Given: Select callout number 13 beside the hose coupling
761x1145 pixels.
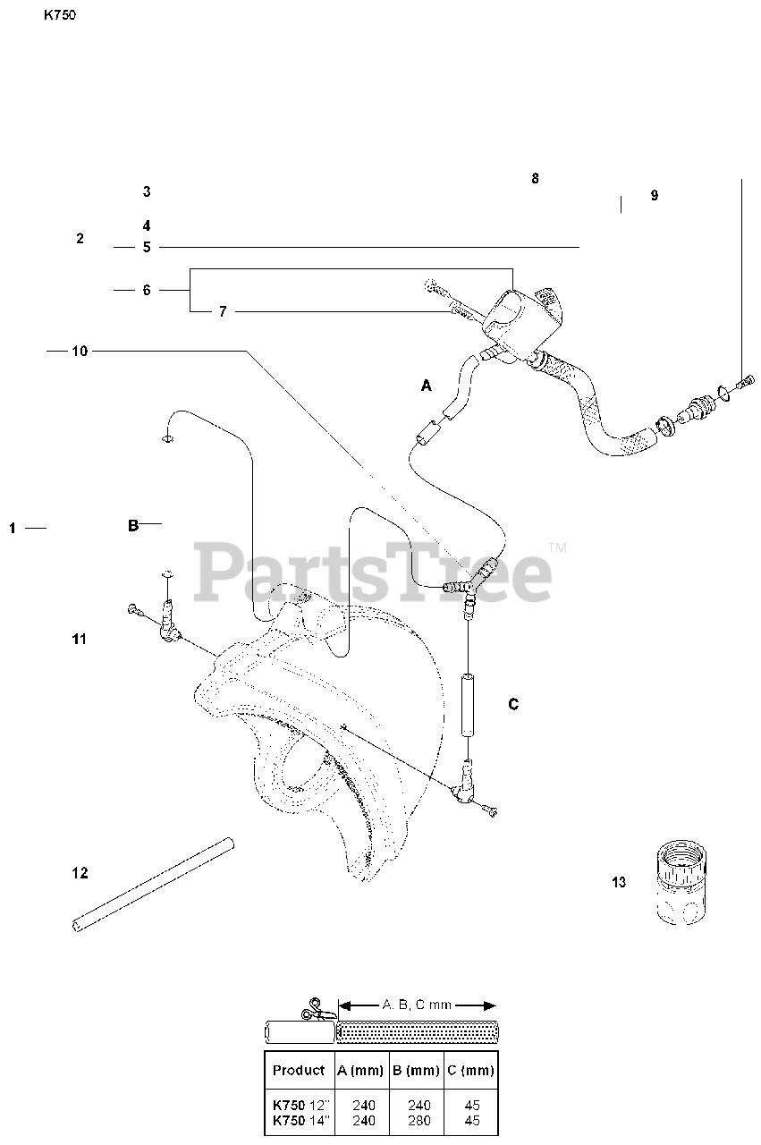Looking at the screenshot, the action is [619, 883].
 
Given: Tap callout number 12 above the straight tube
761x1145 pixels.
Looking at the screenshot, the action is [80, 873].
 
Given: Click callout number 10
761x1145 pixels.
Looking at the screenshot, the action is [80, 352].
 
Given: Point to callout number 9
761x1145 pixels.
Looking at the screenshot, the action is [655, 196].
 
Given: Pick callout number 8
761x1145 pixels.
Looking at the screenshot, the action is [535, 178].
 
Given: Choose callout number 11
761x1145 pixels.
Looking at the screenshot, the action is [80, 639].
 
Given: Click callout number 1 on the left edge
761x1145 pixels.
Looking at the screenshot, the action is [13, 529].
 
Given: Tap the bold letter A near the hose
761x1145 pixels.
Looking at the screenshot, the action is [427, 386].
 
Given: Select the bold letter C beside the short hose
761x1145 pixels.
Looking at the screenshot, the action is [513, 705].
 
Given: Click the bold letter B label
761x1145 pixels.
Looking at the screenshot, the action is [133, 526].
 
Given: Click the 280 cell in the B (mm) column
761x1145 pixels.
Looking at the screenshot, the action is [416, 1120].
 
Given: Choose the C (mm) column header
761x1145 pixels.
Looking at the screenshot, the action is [470, 1070].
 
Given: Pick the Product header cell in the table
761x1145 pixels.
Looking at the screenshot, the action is [299, 1070].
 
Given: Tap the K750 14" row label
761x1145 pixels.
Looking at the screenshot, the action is [299, 1120].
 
